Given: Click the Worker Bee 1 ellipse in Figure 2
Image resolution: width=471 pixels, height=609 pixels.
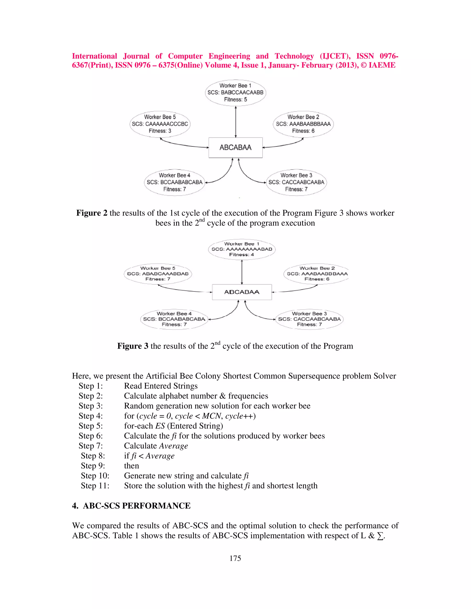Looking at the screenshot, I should [235, 93].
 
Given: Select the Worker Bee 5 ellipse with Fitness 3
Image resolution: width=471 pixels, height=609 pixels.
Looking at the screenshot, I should [160, 124].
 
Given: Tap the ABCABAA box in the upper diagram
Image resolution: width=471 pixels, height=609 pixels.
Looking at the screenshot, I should [235, 148].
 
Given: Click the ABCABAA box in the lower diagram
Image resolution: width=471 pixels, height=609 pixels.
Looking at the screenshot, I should [242, 292].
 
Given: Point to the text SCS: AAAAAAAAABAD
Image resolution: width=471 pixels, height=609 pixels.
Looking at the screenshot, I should [242, 249].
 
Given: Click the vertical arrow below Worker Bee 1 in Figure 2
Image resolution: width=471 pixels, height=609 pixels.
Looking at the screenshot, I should [236, 122].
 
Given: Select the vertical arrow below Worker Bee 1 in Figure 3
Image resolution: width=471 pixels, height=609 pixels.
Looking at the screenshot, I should [242, 272].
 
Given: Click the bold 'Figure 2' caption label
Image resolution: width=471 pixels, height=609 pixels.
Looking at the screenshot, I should [92, 213].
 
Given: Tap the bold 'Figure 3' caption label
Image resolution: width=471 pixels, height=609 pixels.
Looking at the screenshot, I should [132, 346].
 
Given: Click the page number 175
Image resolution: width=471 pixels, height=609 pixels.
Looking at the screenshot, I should [235, 558].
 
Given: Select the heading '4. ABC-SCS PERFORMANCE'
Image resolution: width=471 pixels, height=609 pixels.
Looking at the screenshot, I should [131, 506].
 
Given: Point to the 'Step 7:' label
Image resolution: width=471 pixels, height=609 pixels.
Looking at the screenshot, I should [90, 446].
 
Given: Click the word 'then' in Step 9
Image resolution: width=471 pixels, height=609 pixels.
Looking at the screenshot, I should [131, 466].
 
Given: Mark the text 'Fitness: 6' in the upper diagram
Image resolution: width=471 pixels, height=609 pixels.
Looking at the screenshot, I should [303, 131].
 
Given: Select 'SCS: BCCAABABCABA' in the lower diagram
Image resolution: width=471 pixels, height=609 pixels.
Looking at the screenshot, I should [174, 319].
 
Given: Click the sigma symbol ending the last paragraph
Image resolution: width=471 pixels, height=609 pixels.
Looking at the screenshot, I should [380, 536].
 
